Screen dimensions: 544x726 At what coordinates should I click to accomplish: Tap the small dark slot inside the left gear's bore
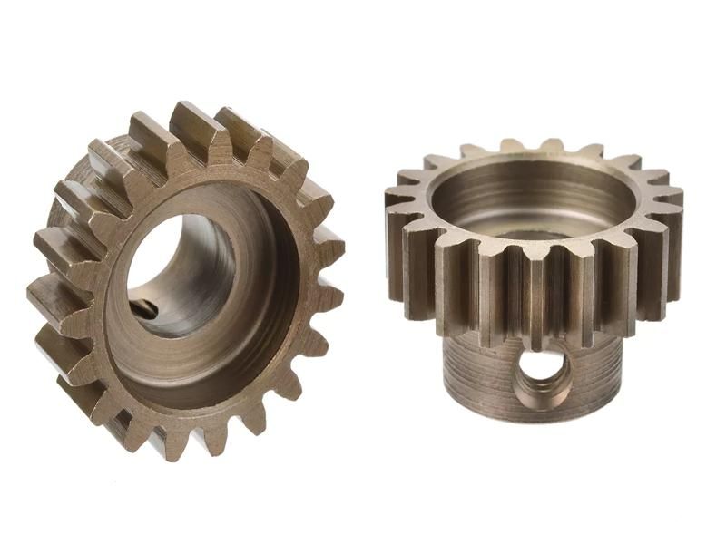pos(142,309)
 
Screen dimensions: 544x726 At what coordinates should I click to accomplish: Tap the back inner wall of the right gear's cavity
pos(535,181)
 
